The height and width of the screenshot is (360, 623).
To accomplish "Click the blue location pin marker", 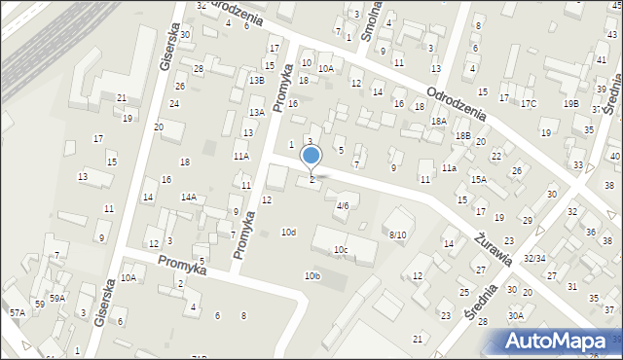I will click(x=311, y=157).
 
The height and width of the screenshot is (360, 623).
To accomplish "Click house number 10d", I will click(x=288, y=232).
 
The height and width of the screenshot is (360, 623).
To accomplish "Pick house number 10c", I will click(x=341, y=250).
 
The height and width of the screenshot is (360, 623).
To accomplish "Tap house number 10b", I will click(x=311, y=276).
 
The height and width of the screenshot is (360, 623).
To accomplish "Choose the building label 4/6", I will click(x=343, y=205).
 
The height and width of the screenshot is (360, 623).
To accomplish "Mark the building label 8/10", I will click(x=397, y=234).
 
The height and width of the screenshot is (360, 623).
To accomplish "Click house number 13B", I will click(x=256, y=80).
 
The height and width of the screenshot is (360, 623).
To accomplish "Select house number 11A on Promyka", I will click(x=240, y=156).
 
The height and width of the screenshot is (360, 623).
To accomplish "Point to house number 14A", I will click(x=188, y=197).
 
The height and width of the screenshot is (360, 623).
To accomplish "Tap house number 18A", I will click(x=439, y=121).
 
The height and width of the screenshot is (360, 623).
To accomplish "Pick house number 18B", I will click(x=463, y=136).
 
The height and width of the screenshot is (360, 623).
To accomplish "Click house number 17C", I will click(x=529, y=103).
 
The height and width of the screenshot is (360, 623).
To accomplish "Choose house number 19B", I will click(x=570, y=103).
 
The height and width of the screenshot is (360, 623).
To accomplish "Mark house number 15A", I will click(x=478, y=179).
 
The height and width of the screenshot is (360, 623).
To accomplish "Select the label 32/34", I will click(x=533, y=259).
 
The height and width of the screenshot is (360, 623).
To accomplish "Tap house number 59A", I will click(x=57, y=298).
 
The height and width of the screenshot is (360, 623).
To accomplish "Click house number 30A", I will click(x=515, y=315).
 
